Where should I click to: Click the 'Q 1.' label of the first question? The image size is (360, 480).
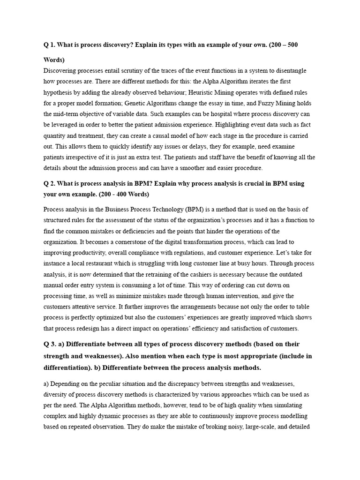(50, 45)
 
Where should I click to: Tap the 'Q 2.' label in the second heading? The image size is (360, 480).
(50, 183)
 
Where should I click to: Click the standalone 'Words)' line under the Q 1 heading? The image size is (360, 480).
(54, 60)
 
